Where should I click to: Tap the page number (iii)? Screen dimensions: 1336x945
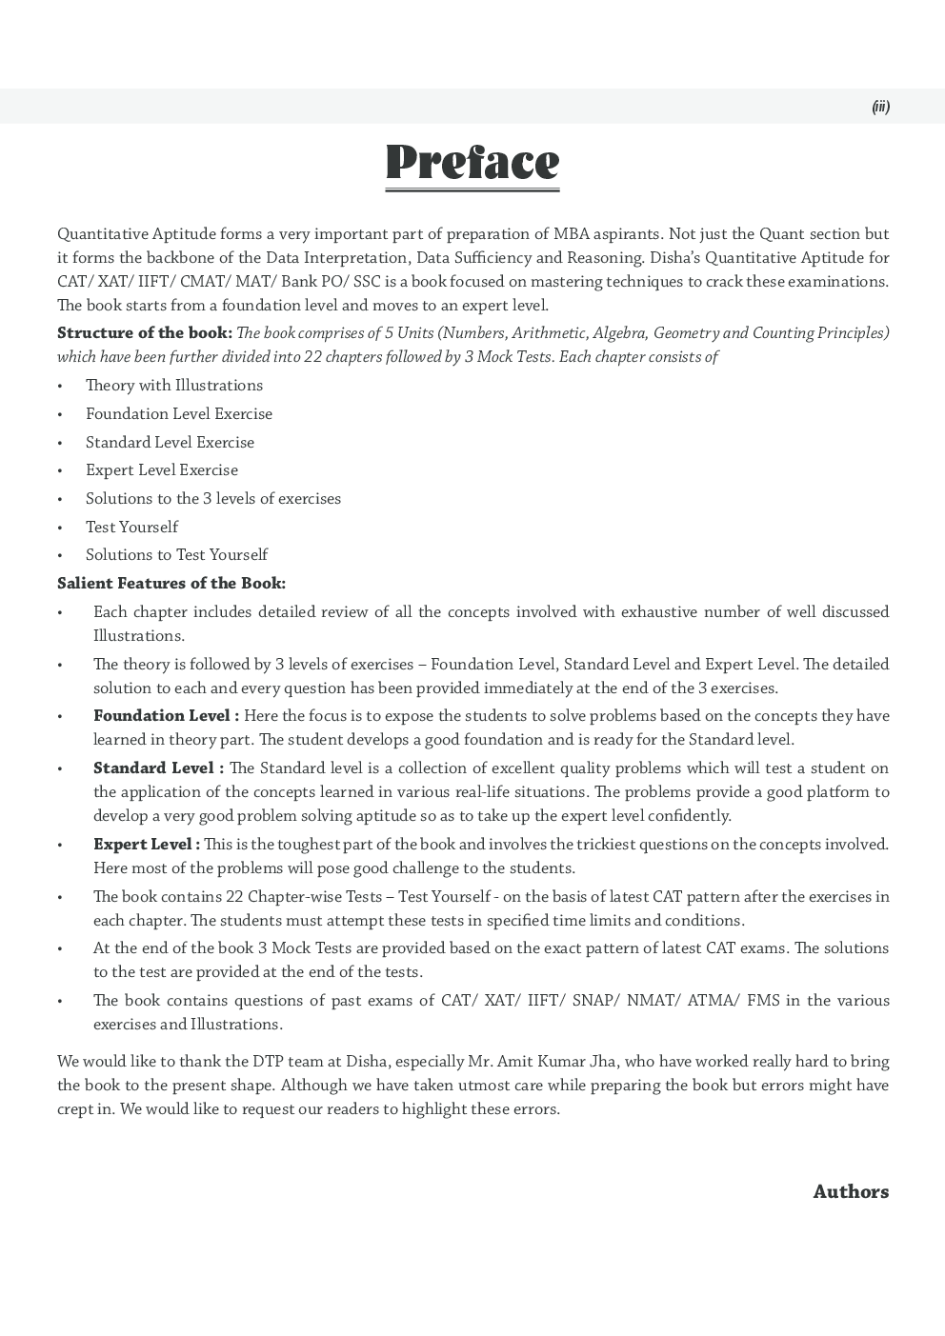(880, 107)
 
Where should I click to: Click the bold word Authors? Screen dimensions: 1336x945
(850, 1191)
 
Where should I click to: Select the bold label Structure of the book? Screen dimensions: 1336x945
(144, 332)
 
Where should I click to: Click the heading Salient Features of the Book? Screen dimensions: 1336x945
(171, 583)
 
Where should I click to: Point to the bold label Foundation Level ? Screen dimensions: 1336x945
(166, 715)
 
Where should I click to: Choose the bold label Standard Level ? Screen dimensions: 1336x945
(158, 768)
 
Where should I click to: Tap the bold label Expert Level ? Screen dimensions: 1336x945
(146, 844)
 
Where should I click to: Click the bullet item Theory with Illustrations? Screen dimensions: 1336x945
(174, 385)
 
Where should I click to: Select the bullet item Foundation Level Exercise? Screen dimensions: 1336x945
(179, 413)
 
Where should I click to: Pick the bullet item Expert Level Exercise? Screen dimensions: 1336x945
(162, 469)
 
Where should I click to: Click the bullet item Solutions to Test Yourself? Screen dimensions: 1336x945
(176, 554)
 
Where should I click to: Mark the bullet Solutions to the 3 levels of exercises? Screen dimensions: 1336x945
(213, 498)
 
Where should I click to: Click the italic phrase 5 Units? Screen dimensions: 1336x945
(407, 332)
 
